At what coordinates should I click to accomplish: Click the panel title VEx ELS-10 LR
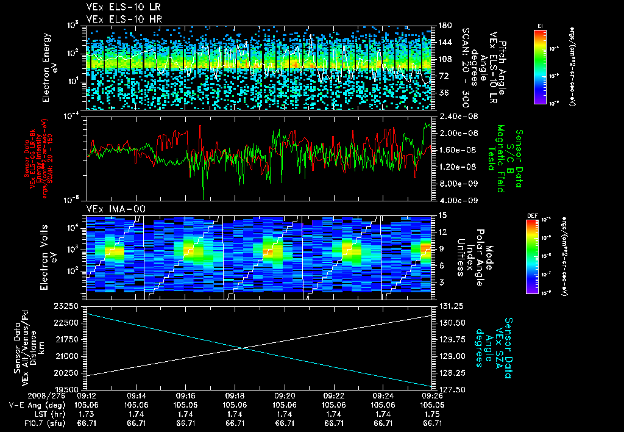(116, 8)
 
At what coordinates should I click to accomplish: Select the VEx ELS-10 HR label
(116, 18)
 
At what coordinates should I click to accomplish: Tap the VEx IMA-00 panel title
(112, 209)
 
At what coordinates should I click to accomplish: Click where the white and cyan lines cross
(243, 348)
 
